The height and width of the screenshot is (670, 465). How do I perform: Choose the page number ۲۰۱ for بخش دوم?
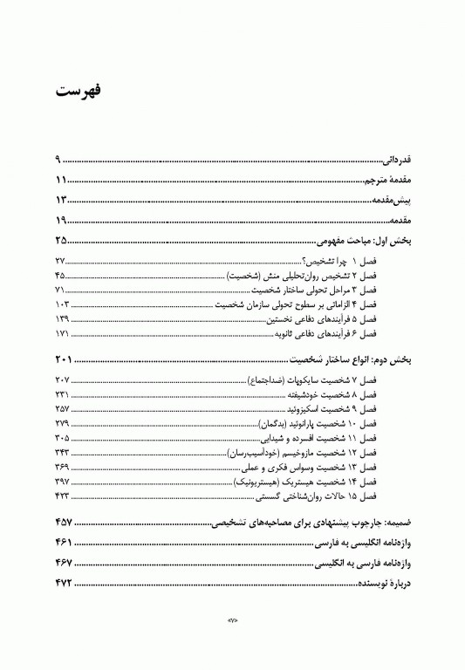pos(65,359)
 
